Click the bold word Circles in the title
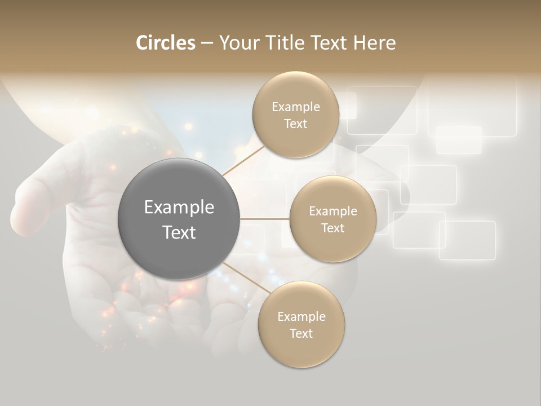tap(165, 43)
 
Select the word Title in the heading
tap(285, 43)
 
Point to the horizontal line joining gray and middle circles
tap(264, 219)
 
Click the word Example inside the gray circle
tap(179, 208)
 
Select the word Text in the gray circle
tap(179, 232)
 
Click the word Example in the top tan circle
tap(296, 107)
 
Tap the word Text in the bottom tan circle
tap(301, 333)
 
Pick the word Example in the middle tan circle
tap(333, 211)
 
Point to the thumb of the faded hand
tap(34, 203)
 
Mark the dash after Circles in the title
tap(207, 43)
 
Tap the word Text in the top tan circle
tap(295, 124)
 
